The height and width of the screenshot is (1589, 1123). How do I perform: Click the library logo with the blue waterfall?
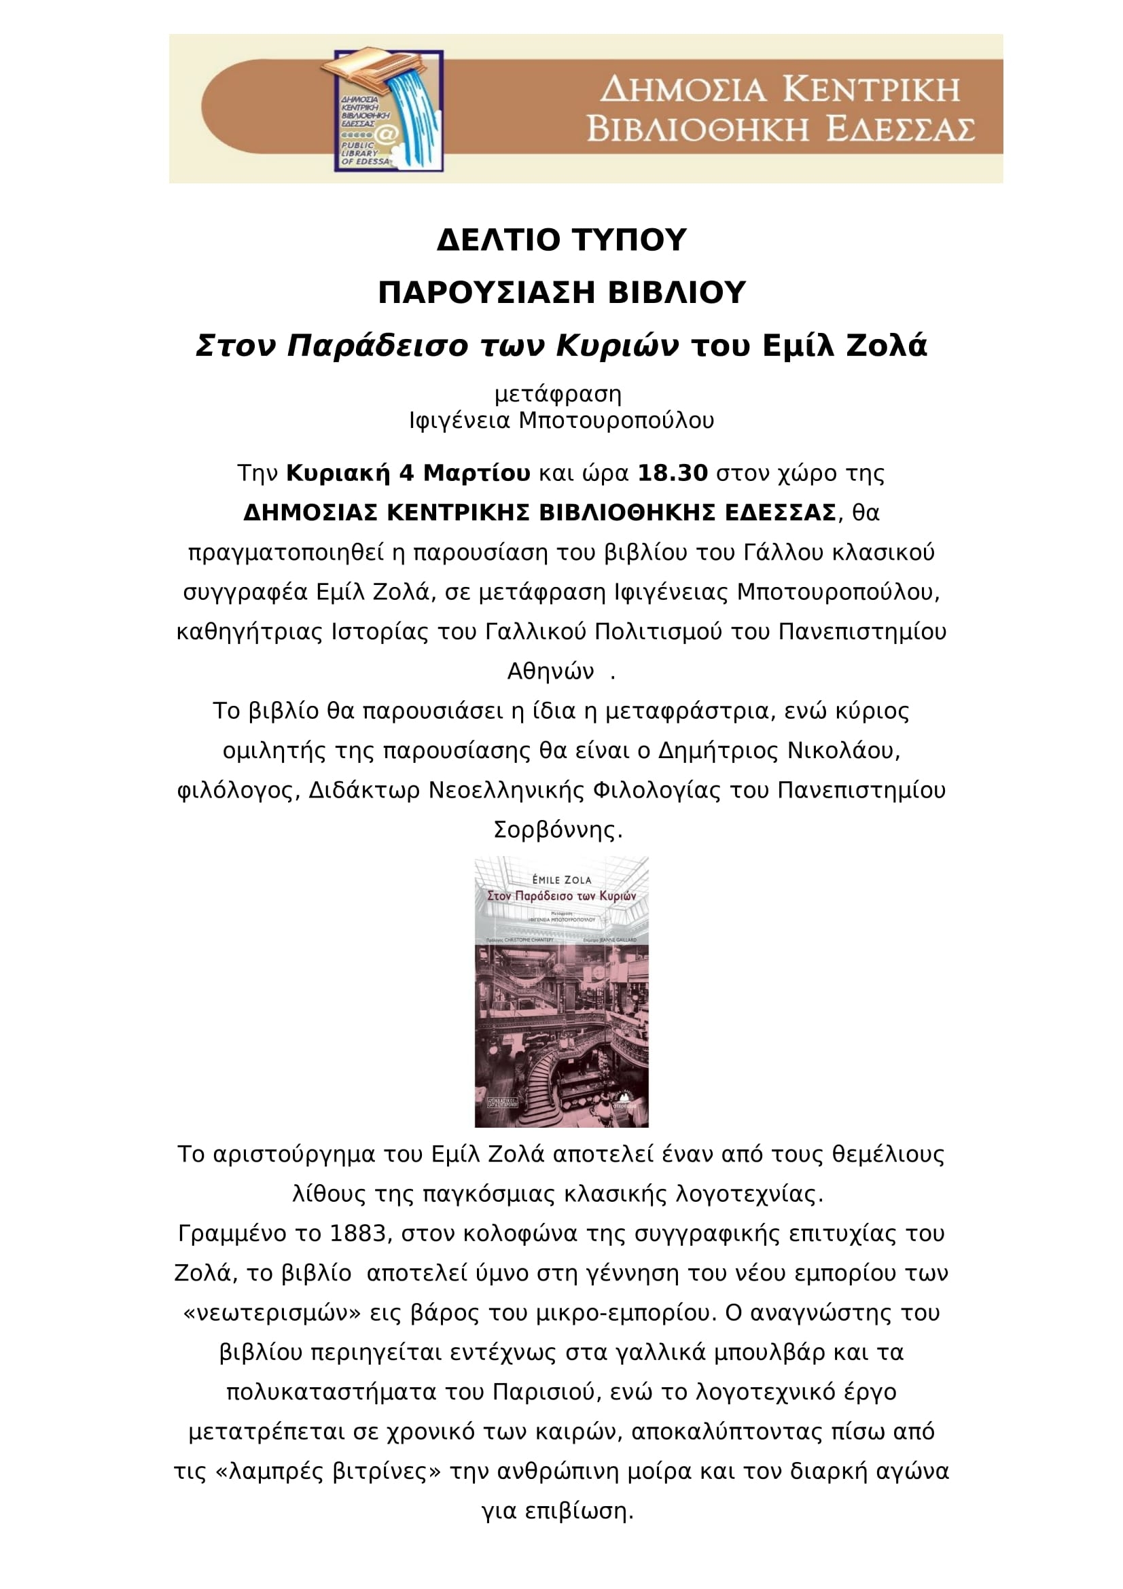[388, 110]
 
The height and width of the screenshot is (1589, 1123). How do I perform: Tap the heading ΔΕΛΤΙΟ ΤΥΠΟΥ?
[561, 240]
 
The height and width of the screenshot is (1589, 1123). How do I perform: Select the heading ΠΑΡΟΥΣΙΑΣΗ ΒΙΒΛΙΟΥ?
[561, 293]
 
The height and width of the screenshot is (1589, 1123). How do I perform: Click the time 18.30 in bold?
[673, 474]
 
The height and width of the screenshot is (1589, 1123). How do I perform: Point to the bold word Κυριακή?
[338, 474]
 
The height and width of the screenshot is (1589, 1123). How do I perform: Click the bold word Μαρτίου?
[477, 474]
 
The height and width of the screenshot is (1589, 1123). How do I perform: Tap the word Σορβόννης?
[558, 829]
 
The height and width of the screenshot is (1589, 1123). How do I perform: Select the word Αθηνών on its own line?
[551, 671]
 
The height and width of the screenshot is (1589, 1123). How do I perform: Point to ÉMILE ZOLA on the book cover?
[561, 880]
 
